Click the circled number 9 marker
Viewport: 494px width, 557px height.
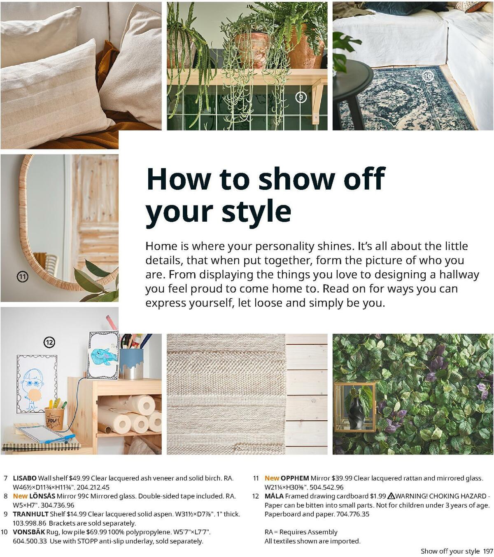coord(301,97)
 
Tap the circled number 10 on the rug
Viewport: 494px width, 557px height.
coord(429,76)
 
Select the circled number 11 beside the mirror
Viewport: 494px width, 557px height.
coord(23,277)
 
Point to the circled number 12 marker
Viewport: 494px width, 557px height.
coord(49,342)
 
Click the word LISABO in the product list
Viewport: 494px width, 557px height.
coord(25,478)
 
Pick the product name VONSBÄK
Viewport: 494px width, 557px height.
coord(29,532)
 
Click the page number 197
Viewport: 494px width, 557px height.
coord(488,551)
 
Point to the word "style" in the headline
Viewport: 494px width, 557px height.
coord(256,211)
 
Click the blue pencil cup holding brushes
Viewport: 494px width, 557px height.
coord(131,363)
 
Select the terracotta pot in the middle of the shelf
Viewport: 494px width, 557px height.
coord(252,49)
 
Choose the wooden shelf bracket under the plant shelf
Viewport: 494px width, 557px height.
coord(317,101)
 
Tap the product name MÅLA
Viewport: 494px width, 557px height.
coord(274,496)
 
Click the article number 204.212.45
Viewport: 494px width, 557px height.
coord(93,487)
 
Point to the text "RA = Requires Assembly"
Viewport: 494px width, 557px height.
coord(301,532)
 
